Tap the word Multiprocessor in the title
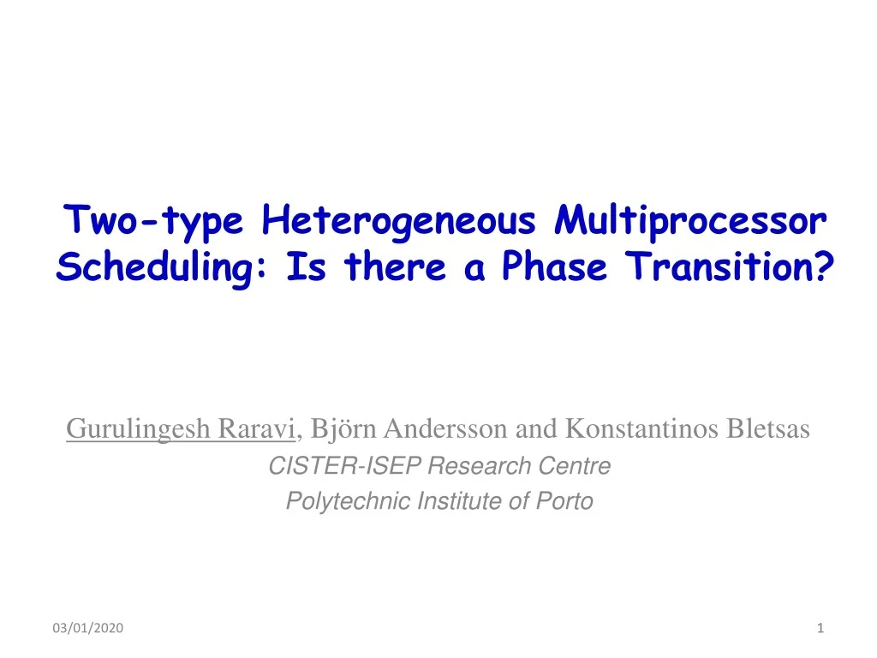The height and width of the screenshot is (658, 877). coord(690,222)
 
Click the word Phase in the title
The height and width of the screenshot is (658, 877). coord(554,266)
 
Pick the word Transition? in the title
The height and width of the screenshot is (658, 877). coord(730,266)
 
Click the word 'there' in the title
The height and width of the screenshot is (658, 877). coord(395,266)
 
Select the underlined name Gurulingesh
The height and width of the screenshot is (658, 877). coord(138,430)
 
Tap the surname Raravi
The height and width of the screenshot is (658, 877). coord(256,428)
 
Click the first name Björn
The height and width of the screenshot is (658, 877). coord(343,428)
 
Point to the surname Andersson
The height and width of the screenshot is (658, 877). coord(445,428)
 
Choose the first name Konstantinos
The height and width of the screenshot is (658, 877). coord(641,428)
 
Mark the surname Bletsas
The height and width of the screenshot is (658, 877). coord(768,428)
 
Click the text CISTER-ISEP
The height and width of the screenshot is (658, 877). coord(344,465)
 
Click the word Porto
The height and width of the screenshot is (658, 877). coord(565,500)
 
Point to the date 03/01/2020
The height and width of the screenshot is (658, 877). coord(88,628)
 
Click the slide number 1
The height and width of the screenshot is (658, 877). coord(820,628)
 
